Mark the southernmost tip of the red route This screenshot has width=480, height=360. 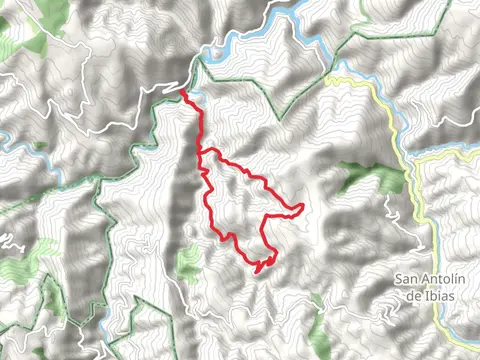pos(258,271)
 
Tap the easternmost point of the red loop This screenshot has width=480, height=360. pos(302,207)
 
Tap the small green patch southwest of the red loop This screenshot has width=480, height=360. pos(186,265)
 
